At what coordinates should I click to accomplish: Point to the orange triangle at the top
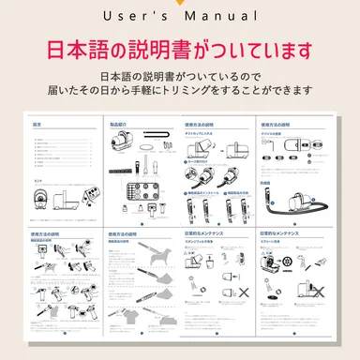[x=180, y=3]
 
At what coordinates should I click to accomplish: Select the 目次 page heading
[x=37, y=124]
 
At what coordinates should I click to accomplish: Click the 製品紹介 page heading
[x=120, y=124]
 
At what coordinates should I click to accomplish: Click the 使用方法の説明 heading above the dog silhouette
[x=127, y=236]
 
